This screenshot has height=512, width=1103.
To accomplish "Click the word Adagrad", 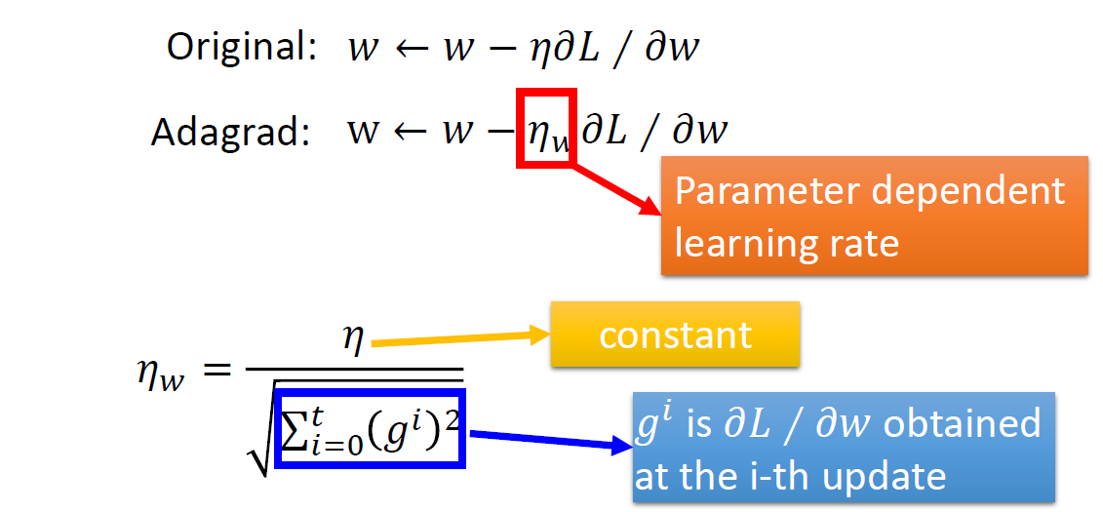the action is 229,132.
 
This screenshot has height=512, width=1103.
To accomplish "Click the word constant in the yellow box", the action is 675,335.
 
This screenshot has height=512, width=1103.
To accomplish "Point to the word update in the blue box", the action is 888,476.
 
